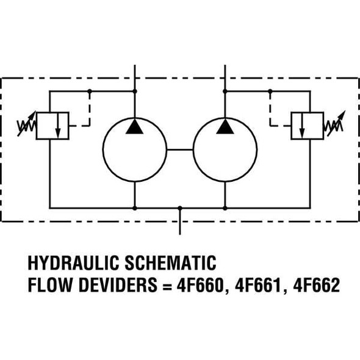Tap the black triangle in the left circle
coord(134,126)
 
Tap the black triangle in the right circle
coord(225,126)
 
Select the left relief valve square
coord(52,125)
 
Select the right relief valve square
coord(307,125)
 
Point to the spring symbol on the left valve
coord(27,126)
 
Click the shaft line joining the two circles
coord(179,149)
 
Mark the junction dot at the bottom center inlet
coord(179,208)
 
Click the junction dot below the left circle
coord(134,208)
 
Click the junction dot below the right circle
coord(225,208)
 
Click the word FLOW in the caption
coord(49,285)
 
